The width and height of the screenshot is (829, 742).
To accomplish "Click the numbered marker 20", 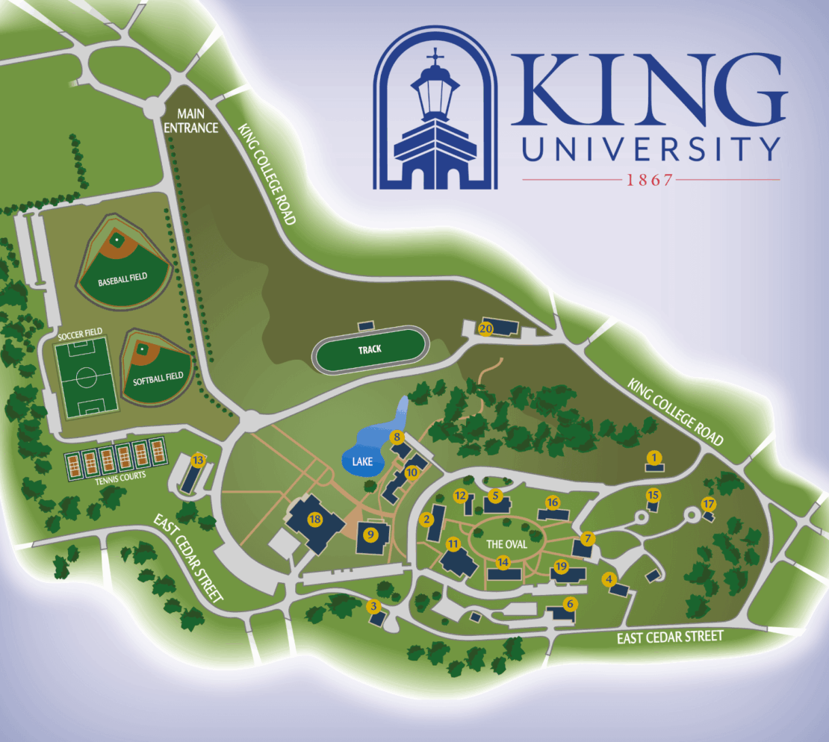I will (485, 328).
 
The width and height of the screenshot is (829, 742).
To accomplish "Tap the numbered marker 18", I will (315, 519).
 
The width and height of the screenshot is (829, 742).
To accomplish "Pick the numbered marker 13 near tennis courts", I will (198, 461).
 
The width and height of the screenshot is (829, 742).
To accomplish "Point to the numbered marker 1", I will (654, 457).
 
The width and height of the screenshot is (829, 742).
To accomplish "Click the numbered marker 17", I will (708, 503).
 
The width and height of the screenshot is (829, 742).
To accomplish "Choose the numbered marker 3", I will (373, 607).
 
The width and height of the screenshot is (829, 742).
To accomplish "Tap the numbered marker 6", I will (571, 604).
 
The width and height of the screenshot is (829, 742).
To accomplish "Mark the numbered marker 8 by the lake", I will (397, 437).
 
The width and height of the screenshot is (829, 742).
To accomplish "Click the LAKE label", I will (362, 462).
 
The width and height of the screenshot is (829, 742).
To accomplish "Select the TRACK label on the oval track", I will (369, 349).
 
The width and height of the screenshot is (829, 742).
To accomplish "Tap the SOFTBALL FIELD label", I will (158, 378).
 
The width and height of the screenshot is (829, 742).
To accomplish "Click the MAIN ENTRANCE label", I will (197, 120).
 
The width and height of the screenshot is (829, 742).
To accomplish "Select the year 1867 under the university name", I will (651, 180).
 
